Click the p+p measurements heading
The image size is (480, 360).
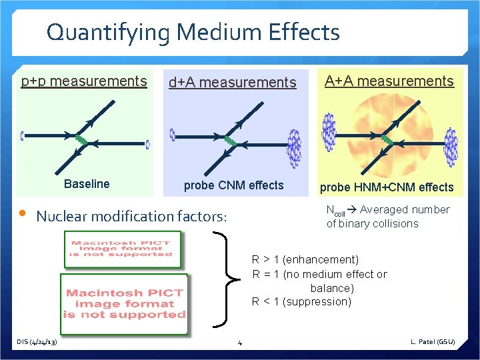point(84,81)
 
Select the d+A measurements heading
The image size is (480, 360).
point(232,83)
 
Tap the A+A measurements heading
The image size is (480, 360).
point(389,81)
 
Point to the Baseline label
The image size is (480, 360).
point(87,184)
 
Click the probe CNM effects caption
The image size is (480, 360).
point(233,185)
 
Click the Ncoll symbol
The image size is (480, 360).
point(335,211)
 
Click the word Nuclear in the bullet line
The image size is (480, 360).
point(62,216)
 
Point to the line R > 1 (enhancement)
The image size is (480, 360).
point(305,259)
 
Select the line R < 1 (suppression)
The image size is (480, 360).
point(301,301)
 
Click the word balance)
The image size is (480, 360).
point(332,288)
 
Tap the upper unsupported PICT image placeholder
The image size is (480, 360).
point(122,248)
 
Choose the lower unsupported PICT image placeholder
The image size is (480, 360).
point(124,303)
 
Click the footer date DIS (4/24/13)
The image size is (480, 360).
point(37,342)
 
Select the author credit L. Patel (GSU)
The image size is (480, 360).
point(433,342)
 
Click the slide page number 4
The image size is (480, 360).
point(240,343)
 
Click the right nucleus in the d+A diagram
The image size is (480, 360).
point(293,147)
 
